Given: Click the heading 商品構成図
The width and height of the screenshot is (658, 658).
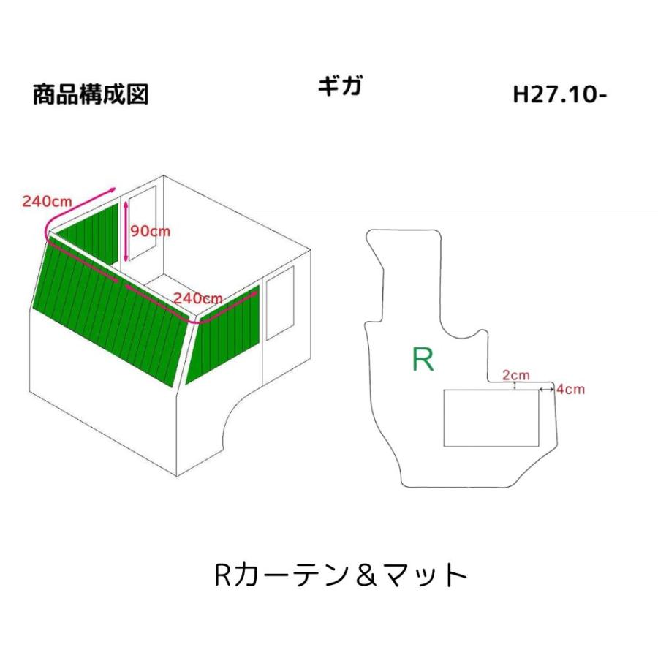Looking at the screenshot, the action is [91, 95].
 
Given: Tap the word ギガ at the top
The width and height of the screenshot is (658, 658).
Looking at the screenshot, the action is [340, 86].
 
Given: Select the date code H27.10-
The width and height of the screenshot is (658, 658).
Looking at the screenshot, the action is [559, 95].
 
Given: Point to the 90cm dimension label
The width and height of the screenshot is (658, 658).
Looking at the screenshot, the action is [150, 230].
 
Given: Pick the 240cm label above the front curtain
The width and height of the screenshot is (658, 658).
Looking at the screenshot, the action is [197, 298].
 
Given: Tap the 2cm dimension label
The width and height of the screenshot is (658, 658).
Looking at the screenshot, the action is [516, 375].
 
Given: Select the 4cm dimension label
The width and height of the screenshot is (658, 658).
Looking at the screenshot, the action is [570, 389].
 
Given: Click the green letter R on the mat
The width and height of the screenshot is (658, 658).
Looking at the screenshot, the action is [423, 359].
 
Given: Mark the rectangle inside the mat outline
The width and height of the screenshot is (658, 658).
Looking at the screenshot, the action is [492, 417].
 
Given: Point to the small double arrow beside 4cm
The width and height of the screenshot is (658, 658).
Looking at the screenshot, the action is [546, 390].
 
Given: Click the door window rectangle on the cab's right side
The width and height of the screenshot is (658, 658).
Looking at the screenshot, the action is [280, 302].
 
